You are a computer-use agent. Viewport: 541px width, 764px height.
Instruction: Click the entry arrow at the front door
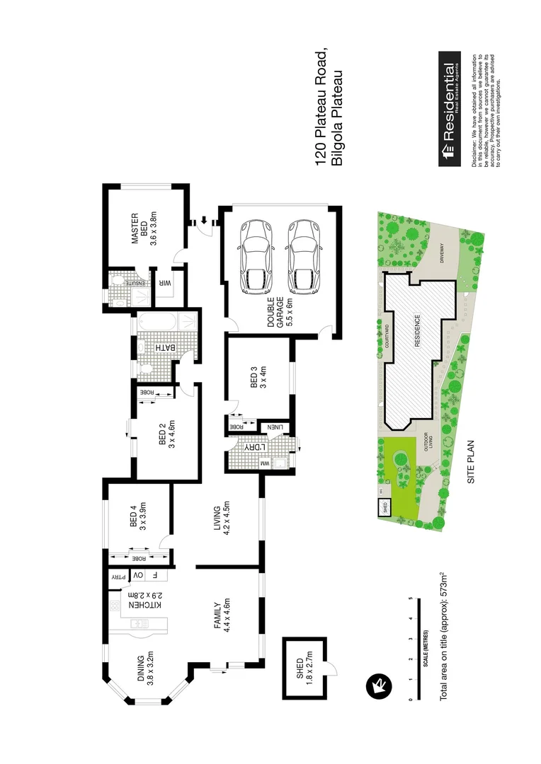204,219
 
